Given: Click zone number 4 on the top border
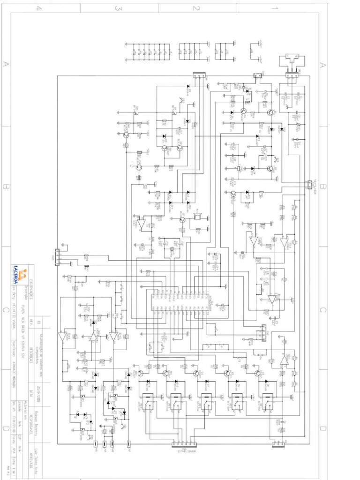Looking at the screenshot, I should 40,8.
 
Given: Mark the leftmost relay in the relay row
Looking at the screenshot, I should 149,402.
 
